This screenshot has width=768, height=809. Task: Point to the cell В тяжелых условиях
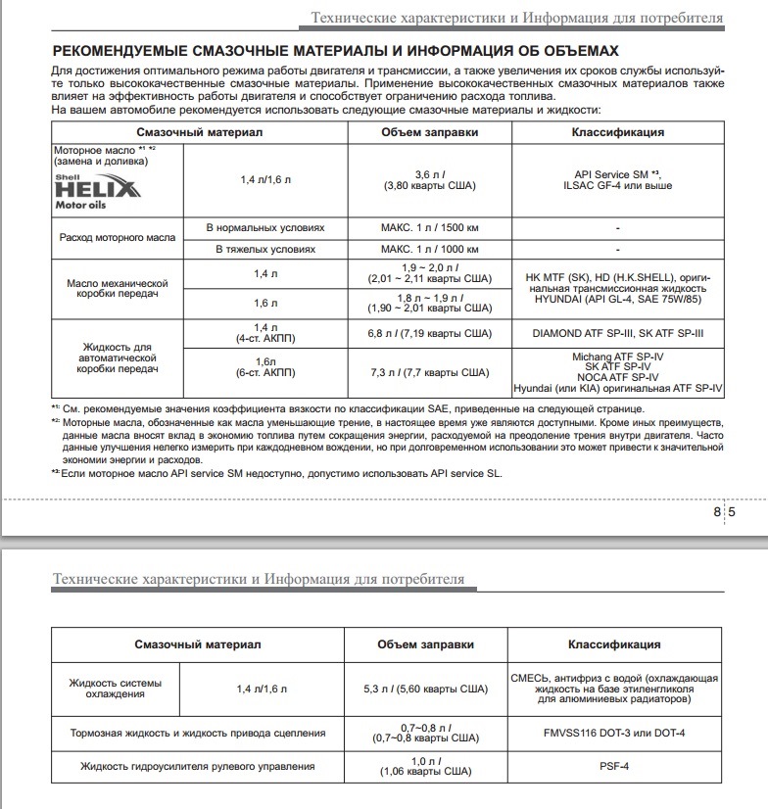click(x=264, y=250)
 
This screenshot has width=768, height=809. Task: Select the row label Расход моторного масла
click(x=118, y=238)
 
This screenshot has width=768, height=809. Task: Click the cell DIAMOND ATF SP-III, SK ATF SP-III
click(x=618, y=333)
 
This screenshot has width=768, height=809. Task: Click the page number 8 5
click(x=726, y=511)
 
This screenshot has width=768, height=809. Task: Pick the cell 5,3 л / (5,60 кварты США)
click(x=425, y=689)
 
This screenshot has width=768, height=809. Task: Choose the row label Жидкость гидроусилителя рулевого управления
click(x=198, y=765)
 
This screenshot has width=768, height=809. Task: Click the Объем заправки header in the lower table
click(x=425, y=644)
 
